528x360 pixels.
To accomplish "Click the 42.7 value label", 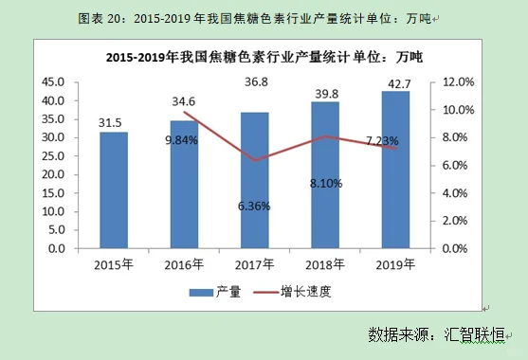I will click(x=396, y=82).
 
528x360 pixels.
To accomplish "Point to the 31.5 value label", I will click(x=114, y=122).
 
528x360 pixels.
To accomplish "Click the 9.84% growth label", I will click(x=181, y=140).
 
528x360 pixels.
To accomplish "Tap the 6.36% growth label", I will click(x=254, y=206).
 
